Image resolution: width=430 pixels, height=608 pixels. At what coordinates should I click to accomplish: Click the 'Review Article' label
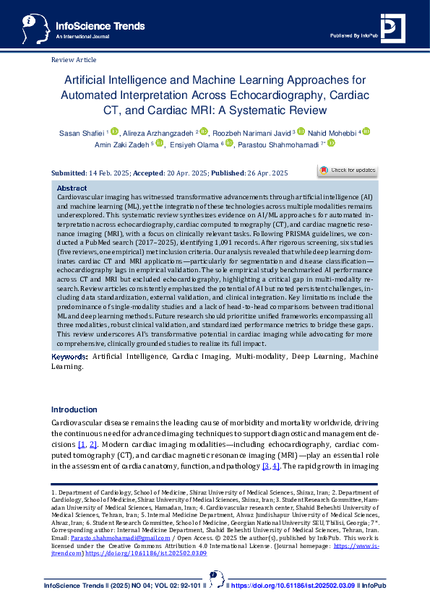point(74,59)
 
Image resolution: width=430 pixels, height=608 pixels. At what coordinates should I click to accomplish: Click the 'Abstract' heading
point(72,188)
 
